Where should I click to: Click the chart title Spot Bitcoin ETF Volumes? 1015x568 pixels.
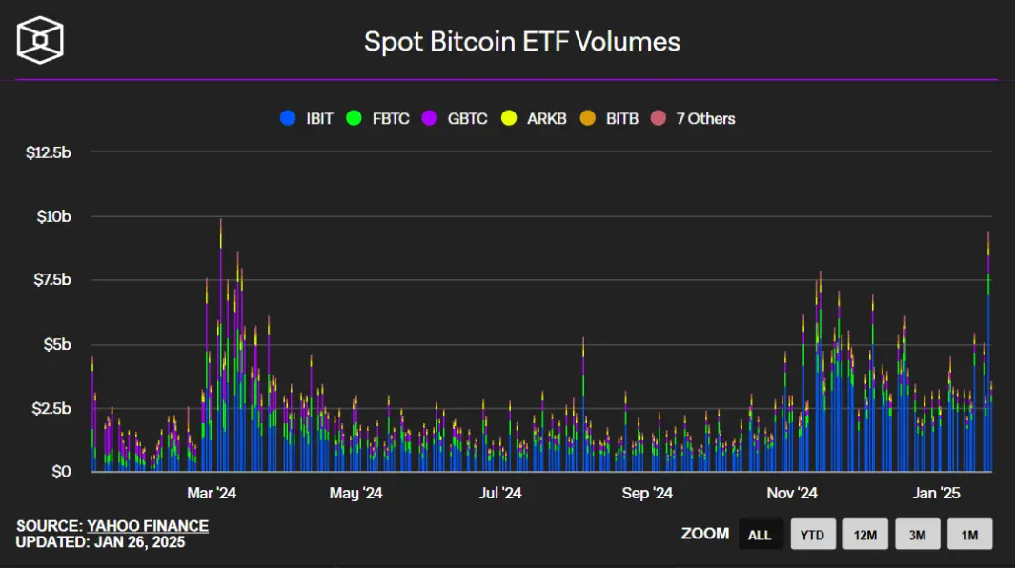(x=521, y=42)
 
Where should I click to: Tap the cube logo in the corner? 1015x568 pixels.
(x=40, y=40)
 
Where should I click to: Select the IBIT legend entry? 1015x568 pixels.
(x=307, y=118)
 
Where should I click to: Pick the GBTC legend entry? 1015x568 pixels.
(x=455, y=118)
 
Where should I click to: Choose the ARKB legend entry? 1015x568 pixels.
(x=534, y=118)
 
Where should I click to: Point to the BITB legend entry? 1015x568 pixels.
(x=609, y=118)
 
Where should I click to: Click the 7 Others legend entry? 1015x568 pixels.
(x=693, y=118)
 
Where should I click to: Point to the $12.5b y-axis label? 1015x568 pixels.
(x=49, y=152)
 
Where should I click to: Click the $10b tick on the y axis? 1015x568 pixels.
(x=53, y=216)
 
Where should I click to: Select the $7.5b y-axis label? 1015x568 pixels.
(x=52, y=280)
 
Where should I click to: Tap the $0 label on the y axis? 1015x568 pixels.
(x=62, y=472)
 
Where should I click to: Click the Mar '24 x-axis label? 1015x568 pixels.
(x=212, y=493)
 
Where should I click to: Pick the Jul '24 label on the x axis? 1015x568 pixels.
(x=500, y=493)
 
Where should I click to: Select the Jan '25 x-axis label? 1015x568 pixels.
(x=937, y=493)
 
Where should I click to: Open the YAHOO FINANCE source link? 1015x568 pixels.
(x=148, y=526)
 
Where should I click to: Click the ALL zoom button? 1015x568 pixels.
(x=760, y=535)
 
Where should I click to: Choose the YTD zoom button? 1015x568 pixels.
(x=813, y=535)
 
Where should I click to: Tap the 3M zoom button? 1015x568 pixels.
(x=917, y=535)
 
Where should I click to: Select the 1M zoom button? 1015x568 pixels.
(x=969, y=535)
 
